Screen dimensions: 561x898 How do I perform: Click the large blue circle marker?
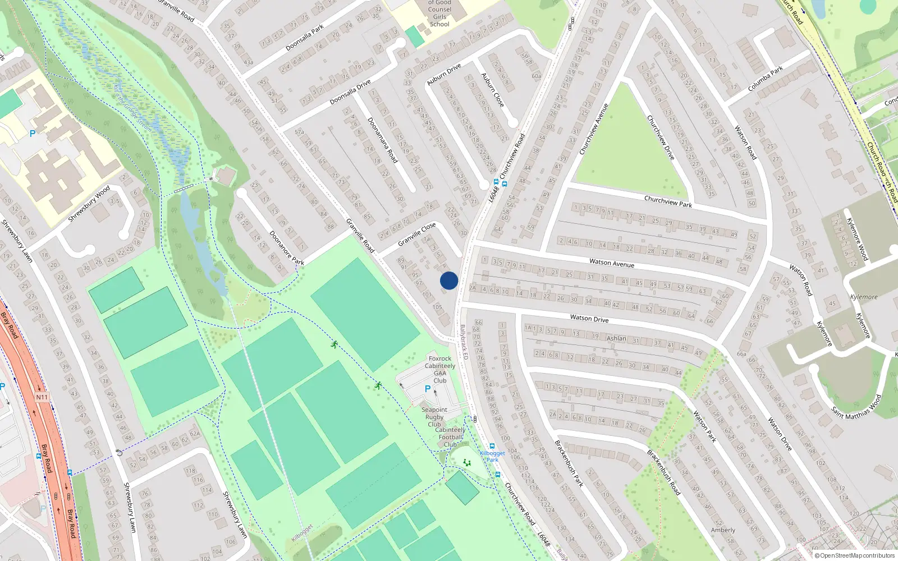pos(449,280)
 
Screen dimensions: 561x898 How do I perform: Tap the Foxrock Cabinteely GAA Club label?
pos(440,369)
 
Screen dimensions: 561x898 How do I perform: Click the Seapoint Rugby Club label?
pos(434,417)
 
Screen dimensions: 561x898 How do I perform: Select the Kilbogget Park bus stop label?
pos(492,456)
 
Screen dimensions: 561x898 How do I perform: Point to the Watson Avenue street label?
pos(612,263)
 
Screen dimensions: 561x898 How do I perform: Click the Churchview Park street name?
pos(668,201)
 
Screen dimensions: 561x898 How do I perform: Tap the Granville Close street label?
pos(417,234)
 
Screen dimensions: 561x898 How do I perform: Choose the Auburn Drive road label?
pos(444,75)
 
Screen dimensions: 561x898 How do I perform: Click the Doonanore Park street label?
pos(286,247)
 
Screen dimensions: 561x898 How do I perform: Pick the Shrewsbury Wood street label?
pos(89,204)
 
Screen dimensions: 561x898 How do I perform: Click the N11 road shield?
pos(42,397)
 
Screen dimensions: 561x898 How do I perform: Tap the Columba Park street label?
pos(766,79)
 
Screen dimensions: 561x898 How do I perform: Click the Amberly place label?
pos(723,530)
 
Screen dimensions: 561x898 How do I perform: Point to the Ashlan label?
pos(616,338)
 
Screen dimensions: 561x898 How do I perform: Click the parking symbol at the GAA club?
pos(428,389)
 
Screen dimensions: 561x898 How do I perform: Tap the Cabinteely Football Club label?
pos(451,437)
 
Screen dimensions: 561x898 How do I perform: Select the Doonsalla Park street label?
pos(305,38)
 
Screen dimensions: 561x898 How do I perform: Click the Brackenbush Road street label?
pos(663,472)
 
